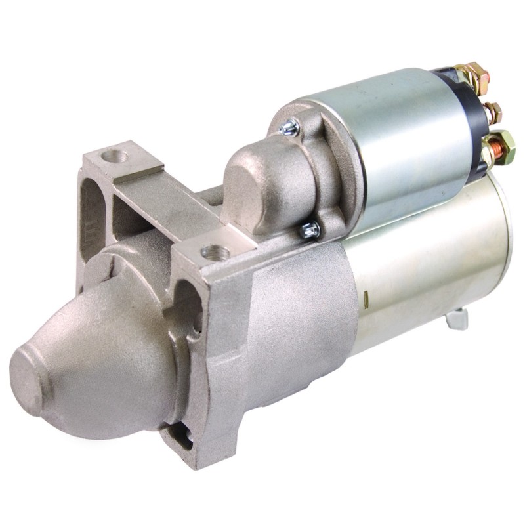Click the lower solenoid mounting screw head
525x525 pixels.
point(311,230)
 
